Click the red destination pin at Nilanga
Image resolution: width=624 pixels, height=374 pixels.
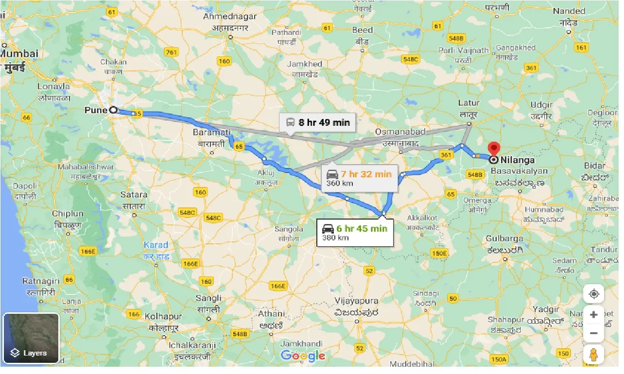[494, 149]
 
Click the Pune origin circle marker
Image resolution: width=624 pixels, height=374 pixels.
[113, 110]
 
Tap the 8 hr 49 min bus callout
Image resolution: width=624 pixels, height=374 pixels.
[317, 122]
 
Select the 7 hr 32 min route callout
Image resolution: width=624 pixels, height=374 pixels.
[359, 178]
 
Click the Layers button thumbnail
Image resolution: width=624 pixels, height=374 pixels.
[31, 339]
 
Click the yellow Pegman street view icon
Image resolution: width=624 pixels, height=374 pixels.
[593, 356]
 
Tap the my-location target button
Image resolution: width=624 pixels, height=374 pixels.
[593, 294]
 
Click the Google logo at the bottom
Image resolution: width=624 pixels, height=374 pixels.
[303, 356]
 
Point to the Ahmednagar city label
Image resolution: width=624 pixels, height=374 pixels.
[229, 17]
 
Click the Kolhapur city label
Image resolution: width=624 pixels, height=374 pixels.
[163, 316]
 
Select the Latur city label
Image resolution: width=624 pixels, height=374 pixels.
[468, 103]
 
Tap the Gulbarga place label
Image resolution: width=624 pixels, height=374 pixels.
[504, 238]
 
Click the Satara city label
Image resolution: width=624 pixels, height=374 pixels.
[134, 195]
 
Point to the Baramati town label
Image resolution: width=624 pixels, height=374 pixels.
[211, 132]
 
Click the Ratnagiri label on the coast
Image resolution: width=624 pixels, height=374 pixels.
[41, 281]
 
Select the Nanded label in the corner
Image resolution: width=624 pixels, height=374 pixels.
[569, 11]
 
